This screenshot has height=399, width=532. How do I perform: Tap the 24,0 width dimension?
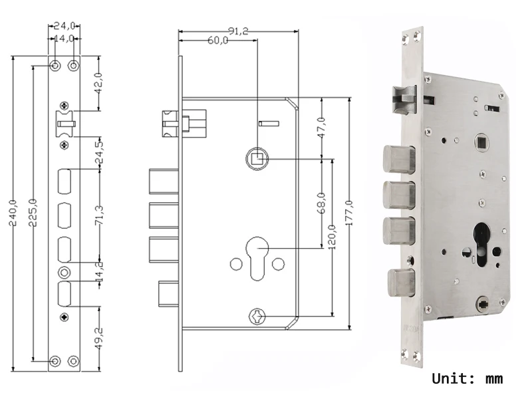tap(65, 26)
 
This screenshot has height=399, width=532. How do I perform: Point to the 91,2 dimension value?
tap(238, 31)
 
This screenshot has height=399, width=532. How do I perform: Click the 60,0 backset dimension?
tap(217, 41)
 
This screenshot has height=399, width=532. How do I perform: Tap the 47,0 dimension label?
tap(321, 128)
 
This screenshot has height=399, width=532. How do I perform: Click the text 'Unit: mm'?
tap(467, 379)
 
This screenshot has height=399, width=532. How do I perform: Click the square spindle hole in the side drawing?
tap(257, 159)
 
